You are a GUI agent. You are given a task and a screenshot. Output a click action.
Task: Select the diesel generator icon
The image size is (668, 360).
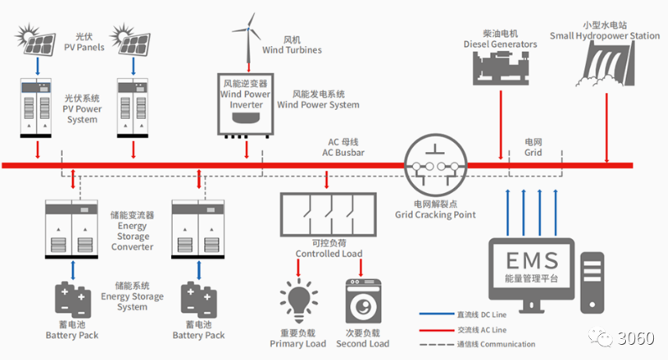pyautogui.click(x=500, y=67)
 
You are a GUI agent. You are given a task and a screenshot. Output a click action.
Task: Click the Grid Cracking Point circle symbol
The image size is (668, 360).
pyautogui.click(x=434, y=164)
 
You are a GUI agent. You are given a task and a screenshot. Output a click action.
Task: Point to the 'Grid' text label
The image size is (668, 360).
pyautogui.click(x=533, y=148)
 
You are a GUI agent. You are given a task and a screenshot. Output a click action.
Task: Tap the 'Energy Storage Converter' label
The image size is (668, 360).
pyautogui.click(x=133, y=231)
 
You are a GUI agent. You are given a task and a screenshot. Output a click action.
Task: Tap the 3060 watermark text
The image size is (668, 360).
pyautogui.click(x=632, y=337)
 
